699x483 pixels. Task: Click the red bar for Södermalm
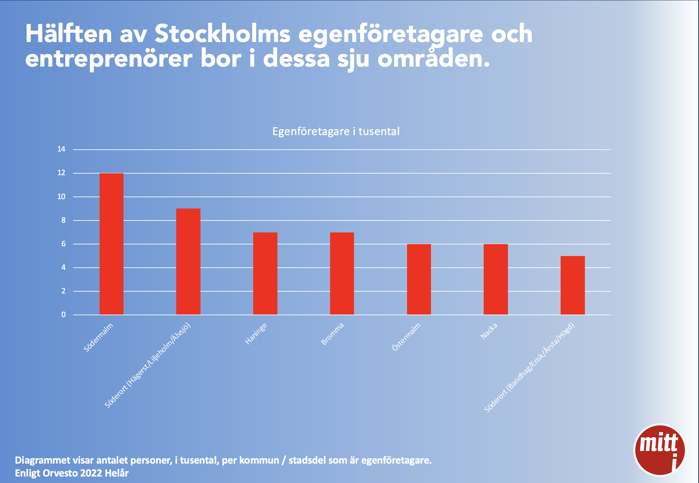[112, 244]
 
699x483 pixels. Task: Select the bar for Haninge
[265, 274]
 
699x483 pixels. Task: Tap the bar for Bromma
[342, 274]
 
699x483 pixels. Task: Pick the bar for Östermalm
[419, 279]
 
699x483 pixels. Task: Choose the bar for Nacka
[496, 279]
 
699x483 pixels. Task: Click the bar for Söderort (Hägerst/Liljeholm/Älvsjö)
[188, 262]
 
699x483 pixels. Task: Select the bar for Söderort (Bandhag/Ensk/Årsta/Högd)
[573, 285]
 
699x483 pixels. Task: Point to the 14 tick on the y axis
[61, 149]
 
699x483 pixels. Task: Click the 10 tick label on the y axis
[61, 197]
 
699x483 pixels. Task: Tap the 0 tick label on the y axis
[63, 315]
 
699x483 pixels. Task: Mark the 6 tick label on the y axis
[63, 244]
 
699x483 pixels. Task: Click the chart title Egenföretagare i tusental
[336, 132]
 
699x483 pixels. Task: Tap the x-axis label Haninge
[256, 333]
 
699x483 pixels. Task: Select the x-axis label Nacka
[489, 331]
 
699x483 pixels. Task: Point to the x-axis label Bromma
[332, 334]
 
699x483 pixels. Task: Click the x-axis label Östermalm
[406, 337]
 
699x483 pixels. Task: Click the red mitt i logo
[660, 450]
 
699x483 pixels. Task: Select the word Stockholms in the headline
[223, 34]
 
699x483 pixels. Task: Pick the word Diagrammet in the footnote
[42, 460]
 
